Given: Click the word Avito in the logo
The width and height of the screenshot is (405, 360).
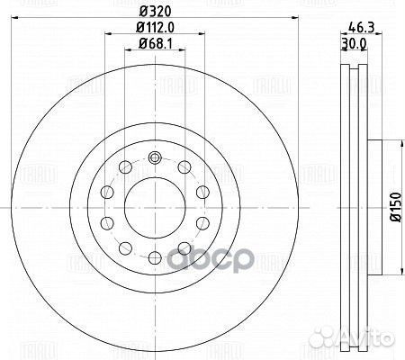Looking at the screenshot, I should (x=372, y=341).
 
